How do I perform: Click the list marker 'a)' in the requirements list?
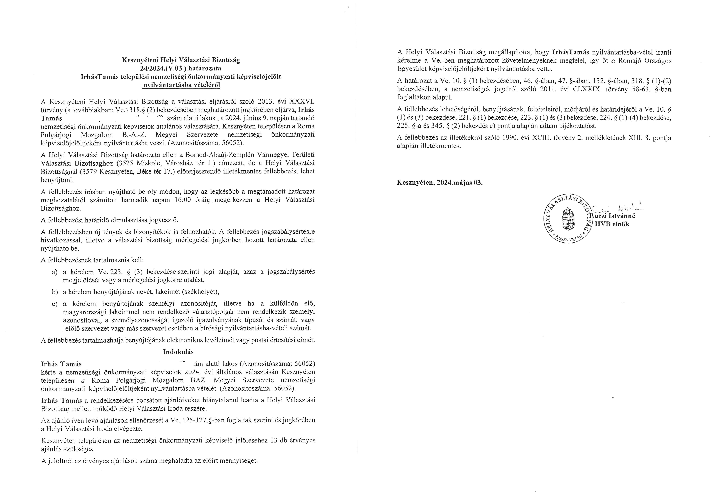coord(55,272)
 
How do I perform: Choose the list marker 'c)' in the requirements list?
coord(55,304)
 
